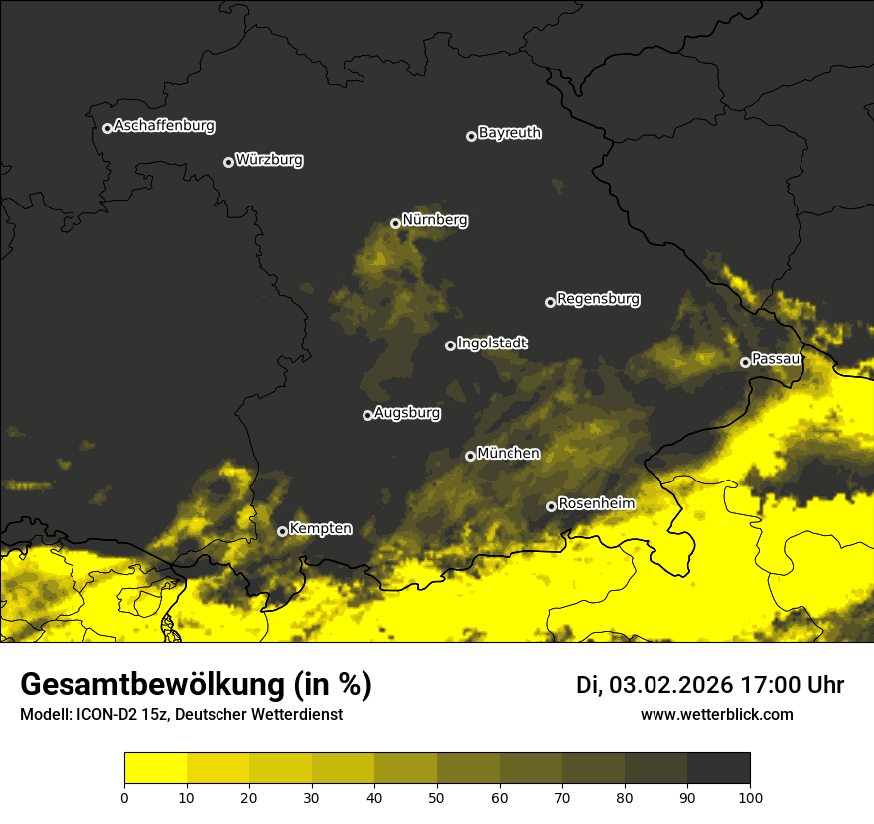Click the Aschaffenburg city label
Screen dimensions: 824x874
164,126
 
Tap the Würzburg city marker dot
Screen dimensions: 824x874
228,162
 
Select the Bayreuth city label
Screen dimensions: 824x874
510,133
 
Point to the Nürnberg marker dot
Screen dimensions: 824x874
395,223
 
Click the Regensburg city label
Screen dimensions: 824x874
598,299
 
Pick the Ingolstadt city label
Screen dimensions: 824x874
493,343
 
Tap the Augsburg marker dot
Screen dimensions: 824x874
367,415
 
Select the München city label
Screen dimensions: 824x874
509,454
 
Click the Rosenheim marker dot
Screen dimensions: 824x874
551,506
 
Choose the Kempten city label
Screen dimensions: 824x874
320,529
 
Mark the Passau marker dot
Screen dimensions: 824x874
745,362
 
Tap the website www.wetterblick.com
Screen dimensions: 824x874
716,715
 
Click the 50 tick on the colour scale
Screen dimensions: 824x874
437,796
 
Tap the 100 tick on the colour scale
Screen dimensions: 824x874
750,796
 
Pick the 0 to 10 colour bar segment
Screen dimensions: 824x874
156,767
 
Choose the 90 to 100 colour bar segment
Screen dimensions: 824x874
718,767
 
